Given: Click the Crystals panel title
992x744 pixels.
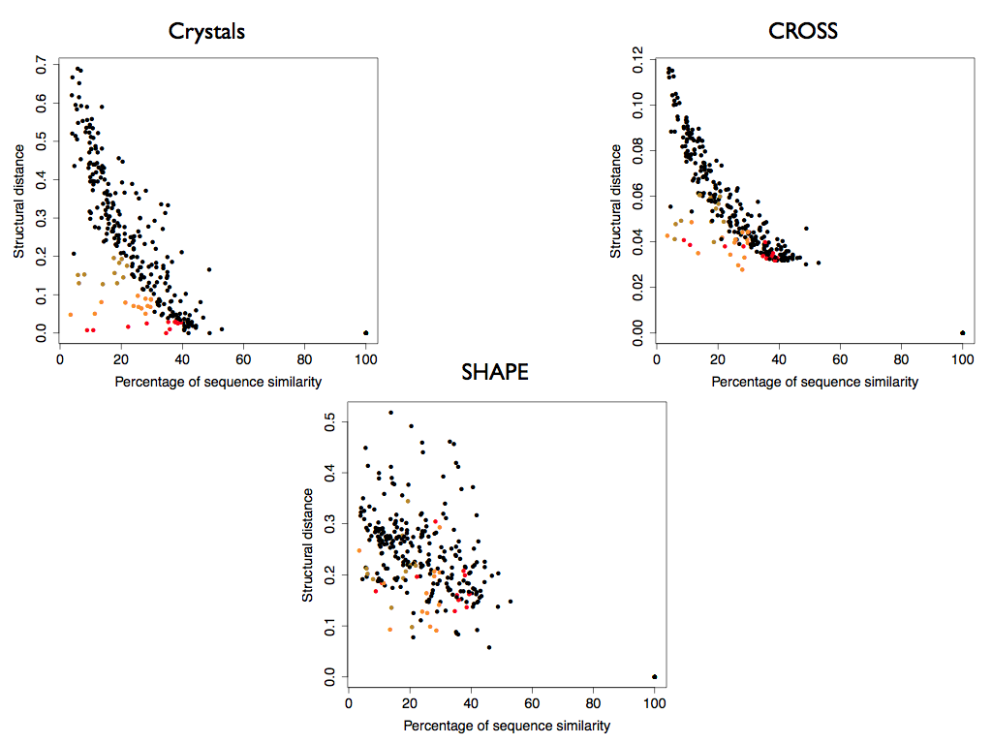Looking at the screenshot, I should pos(206,31).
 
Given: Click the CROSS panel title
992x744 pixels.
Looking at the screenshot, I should pos(802,31).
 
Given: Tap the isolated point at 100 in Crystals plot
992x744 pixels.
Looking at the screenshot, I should pos(365,332).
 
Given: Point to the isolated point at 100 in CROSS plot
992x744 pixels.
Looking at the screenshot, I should pos(962,332).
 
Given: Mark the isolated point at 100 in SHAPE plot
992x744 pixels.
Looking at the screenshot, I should pos(654,676).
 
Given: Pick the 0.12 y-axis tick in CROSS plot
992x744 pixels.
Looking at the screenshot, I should pos(635,53).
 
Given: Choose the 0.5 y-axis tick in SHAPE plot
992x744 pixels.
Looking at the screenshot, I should pos(327,421).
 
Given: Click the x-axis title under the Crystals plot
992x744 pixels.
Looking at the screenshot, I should pos(218,382).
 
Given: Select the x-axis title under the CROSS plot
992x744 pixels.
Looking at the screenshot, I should pos(815,382).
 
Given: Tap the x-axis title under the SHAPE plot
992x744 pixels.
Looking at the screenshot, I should pos(507,726).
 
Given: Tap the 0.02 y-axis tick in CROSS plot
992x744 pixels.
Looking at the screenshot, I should pos(635,287).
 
